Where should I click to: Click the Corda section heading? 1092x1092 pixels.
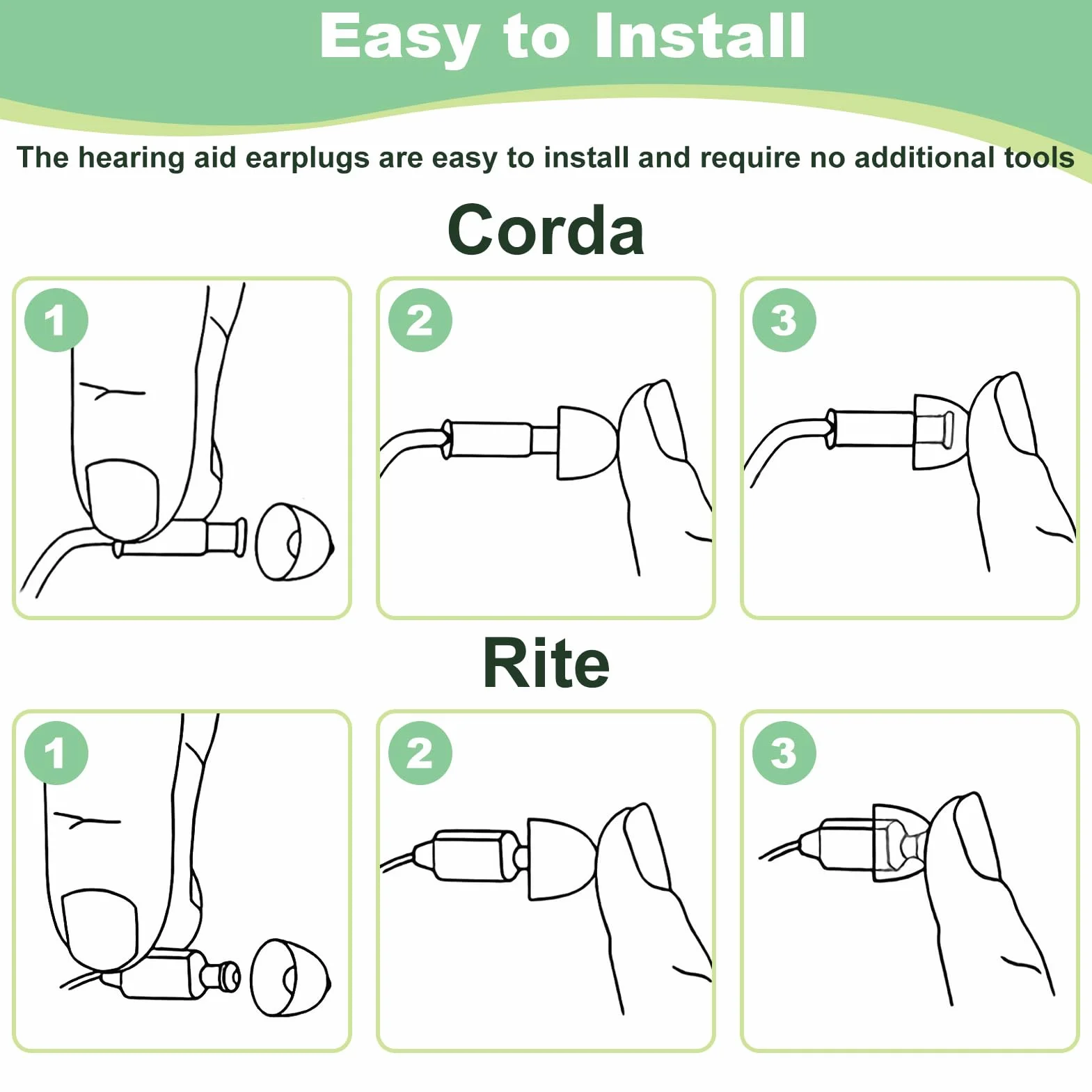point(546,230)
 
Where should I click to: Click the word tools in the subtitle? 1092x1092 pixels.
point(1039,158)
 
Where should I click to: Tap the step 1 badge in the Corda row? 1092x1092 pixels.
point(56,320)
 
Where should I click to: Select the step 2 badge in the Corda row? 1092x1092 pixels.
point(420,320)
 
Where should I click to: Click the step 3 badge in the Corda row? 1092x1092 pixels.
point(784,320)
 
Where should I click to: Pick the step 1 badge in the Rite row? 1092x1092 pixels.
point(56,753)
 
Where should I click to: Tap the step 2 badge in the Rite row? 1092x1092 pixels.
point(420,753)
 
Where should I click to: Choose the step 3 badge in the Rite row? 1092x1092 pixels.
point(784,753)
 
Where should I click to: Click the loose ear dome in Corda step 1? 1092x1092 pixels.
point(294,541)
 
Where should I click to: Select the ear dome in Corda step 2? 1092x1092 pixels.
point(587,443)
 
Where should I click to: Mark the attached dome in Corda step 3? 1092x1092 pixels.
point(940,432)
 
